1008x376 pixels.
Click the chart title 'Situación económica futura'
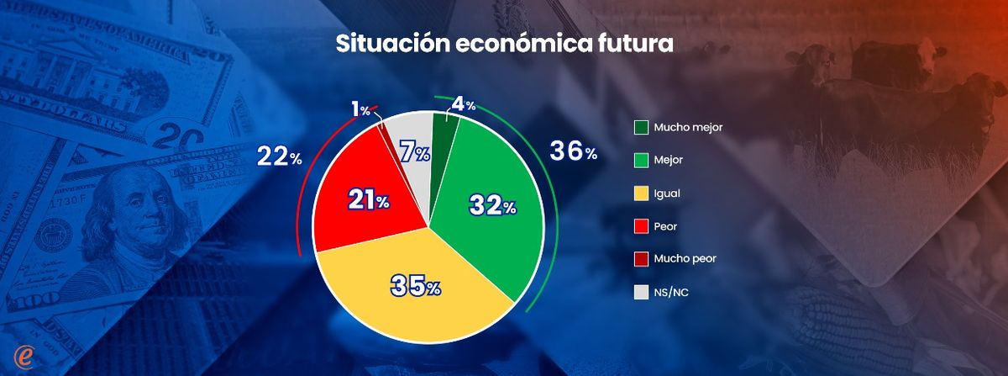pyautogui.click(x=504, y=43)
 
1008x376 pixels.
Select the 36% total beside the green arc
pyautogui.click(x=574, y=151)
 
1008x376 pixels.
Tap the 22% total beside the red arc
pyautogui.click(x=280, y=156)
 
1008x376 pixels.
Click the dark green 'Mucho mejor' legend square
pyautogui.click(x=641, y=127)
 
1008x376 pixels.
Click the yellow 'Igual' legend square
pyautogui.click(x=641, y=193)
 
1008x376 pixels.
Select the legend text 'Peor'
pyautogui.click(x=666, y=226)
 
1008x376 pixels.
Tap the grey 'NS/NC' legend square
pyautogui.click(x=641, y=292)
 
